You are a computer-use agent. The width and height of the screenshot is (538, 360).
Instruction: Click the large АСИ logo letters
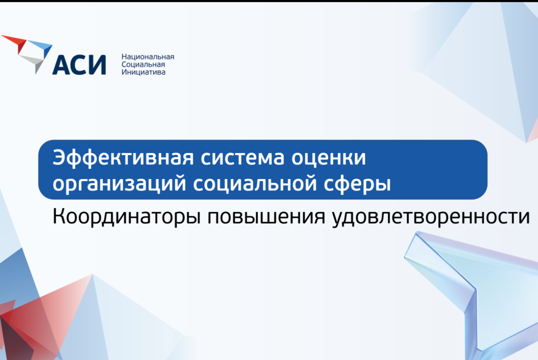tap(79, 64)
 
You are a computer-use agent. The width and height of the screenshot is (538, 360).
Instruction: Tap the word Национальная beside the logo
tap(148, 57)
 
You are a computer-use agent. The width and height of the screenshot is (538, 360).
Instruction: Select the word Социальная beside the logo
tap(143, 64)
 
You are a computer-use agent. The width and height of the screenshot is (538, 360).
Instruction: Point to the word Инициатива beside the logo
tap(143, 72)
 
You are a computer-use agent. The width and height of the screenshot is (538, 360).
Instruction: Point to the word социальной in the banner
tap(255, 183)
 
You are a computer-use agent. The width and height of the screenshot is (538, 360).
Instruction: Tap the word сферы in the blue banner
tap(358, 183)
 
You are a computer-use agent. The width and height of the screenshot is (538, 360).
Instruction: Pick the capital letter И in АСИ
tap(97, 64)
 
